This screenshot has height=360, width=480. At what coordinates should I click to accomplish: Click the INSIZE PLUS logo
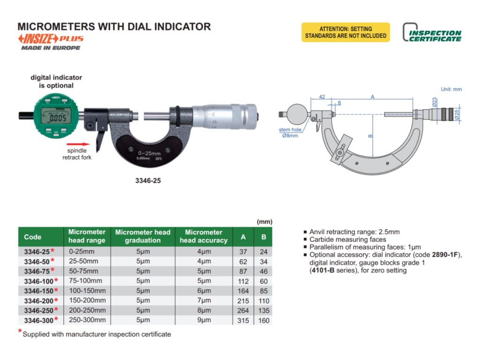point(51,39)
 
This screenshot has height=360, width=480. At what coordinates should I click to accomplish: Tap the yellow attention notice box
point(345,32)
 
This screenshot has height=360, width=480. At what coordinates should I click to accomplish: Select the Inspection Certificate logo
point(432,33)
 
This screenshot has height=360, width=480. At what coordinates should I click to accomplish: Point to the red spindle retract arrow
point(78,144)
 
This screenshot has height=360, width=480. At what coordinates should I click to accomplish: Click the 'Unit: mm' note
point(451,89)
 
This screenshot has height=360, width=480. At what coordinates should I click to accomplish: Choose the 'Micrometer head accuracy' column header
point(203,236)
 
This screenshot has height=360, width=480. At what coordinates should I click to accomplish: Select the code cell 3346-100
point(40,281)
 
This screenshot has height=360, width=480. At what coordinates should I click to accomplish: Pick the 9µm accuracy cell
point(203,320)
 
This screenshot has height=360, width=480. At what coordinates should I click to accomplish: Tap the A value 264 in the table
point(243,310)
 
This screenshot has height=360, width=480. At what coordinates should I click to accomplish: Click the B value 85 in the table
point(263,291)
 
